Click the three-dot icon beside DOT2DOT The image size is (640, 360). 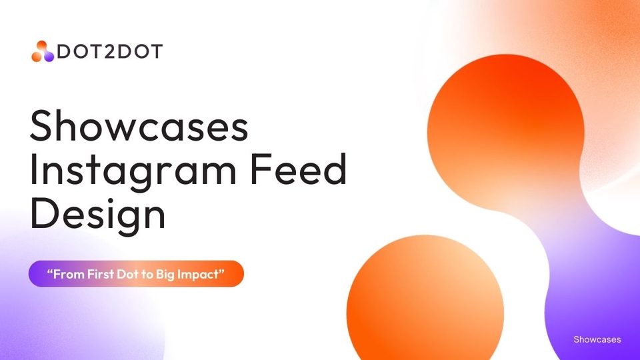click(x=43, y=51)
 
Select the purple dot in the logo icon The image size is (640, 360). click(x=49, y=56)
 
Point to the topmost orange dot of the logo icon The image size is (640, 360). click(x=41, y=46)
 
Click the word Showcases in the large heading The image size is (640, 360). click(x=139, y=125)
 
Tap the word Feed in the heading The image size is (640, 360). click(x=299, y=169)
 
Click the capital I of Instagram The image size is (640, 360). click(x=34, y=169)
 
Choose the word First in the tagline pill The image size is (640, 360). click(x=101, y=274)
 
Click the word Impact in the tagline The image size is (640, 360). click(x=199, y=275)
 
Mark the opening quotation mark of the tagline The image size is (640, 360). click(x=50, y=271)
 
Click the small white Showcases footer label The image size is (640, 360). click(x=597, y=339)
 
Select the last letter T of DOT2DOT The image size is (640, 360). click(x=156, y=51)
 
